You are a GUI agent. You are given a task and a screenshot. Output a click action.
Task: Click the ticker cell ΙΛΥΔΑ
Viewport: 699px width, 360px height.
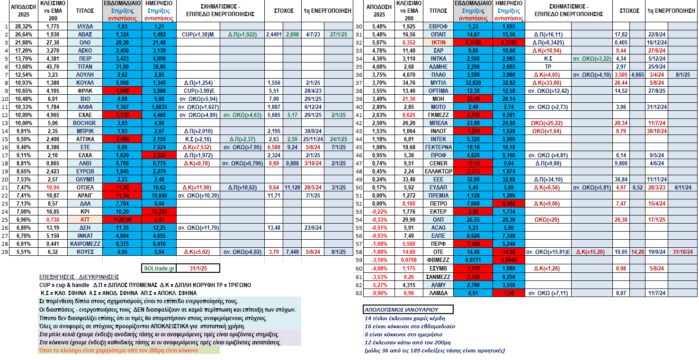tap(85, 27)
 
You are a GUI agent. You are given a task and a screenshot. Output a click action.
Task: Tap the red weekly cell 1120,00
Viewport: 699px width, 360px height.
tap(122, 220)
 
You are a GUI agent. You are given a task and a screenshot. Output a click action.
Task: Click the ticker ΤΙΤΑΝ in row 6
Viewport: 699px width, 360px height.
tap(85, 67)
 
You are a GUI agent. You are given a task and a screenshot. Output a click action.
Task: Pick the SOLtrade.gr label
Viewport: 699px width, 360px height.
tap(159, 269)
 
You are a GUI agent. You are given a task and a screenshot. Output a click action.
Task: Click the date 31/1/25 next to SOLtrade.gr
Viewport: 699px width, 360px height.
tap(198, 269)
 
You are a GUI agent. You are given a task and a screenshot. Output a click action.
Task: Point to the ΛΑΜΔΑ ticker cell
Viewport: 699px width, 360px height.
tap(438, 293)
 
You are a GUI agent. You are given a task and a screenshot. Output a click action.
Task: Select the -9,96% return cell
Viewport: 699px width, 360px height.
tap(379, 293)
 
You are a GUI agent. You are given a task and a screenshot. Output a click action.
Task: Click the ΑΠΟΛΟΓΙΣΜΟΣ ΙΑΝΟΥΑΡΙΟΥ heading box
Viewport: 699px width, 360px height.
tap(408, 310)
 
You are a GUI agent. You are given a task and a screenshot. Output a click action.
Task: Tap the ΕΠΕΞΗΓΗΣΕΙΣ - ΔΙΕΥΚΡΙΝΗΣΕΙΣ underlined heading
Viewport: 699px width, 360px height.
tap(79, 277)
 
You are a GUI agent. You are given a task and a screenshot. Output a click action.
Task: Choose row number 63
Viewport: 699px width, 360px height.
tap(359, 293)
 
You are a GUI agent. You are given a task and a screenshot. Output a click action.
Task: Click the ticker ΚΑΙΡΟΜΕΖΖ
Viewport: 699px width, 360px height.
tap(85, 244)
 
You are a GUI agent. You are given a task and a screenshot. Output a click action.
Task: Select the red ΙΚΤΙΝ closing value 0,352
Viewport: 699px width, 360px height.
tap(409, 43)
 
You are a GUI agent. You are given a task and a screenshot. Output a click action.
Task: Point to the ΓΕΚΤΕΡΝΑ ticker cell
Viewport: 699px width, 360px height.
tap(438, 147)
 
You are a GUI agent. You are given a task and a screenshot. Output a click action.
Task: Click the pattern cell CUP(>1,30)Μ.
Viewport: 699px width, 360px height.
tap(198, 35)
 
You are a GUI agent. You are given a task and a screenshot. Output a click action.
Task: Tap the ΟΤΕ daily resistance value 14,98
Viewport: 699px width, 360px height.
tap(509, 252)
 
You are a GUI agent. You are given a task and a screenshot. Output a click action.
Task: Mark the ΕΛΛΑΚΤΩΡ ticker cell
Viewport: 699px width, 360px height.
tap(438, 171)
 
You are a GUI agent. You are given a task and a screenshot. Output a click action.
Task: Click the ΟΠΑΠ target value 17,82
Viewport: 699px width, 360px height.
tap(621, 35)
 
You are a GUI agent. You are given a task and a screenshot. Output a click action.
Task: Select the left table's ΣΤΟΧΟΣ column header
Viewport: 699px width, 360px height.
tap(284, 11)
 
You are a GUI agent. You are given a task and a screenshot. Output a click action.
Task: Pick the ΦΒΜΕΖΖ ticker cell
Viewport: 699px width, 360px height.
tap(438, 260)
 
